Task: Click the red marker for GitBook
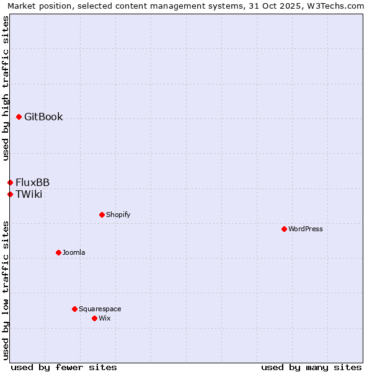pyautogui.click(x=19, y=117)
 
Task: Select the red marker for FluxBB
pyautogui.click(x=10, y=182)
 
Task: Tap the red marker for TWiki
pyautogui.click(x=10, y=194)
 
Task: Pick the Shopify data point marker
pyautogui.click(x=102, y=215)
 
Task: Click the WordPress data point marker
pyautogui.click(x=284, y=229)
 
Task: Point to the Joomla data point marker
pyautogui.click(x=58, y=252)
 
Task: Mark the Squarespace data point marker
pyautogui.click(x=74, y=309)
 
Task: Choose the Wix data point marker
pyautogui.click(x=94, y=318)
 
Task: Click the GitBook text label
pyautogui.click(x=43, y=117)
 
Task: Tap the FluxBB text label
pyautogui.click(x=33, y=182)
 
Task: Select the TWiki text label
pyautogui.click(x=29, y=194)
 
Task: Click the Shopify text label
pyautogui.click(x=118, y=215)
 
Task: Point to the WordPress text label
pyautogui.click(x=306, y=229)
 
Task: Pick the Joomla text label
pyautogui.click(x=74, y=252)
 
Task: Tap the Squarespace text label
pyautogui.click(x=100, y=309)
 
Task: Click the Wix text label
pyautogui.click(x=104, y=318)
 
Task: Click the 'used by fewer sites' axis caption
pyautogui.click(x=64, y=367)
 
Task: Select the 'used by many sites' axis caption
pyautogui.click(x=311, y=367)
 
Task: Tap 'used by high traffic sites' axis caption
pyautogui.click(x=6, y=88)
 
